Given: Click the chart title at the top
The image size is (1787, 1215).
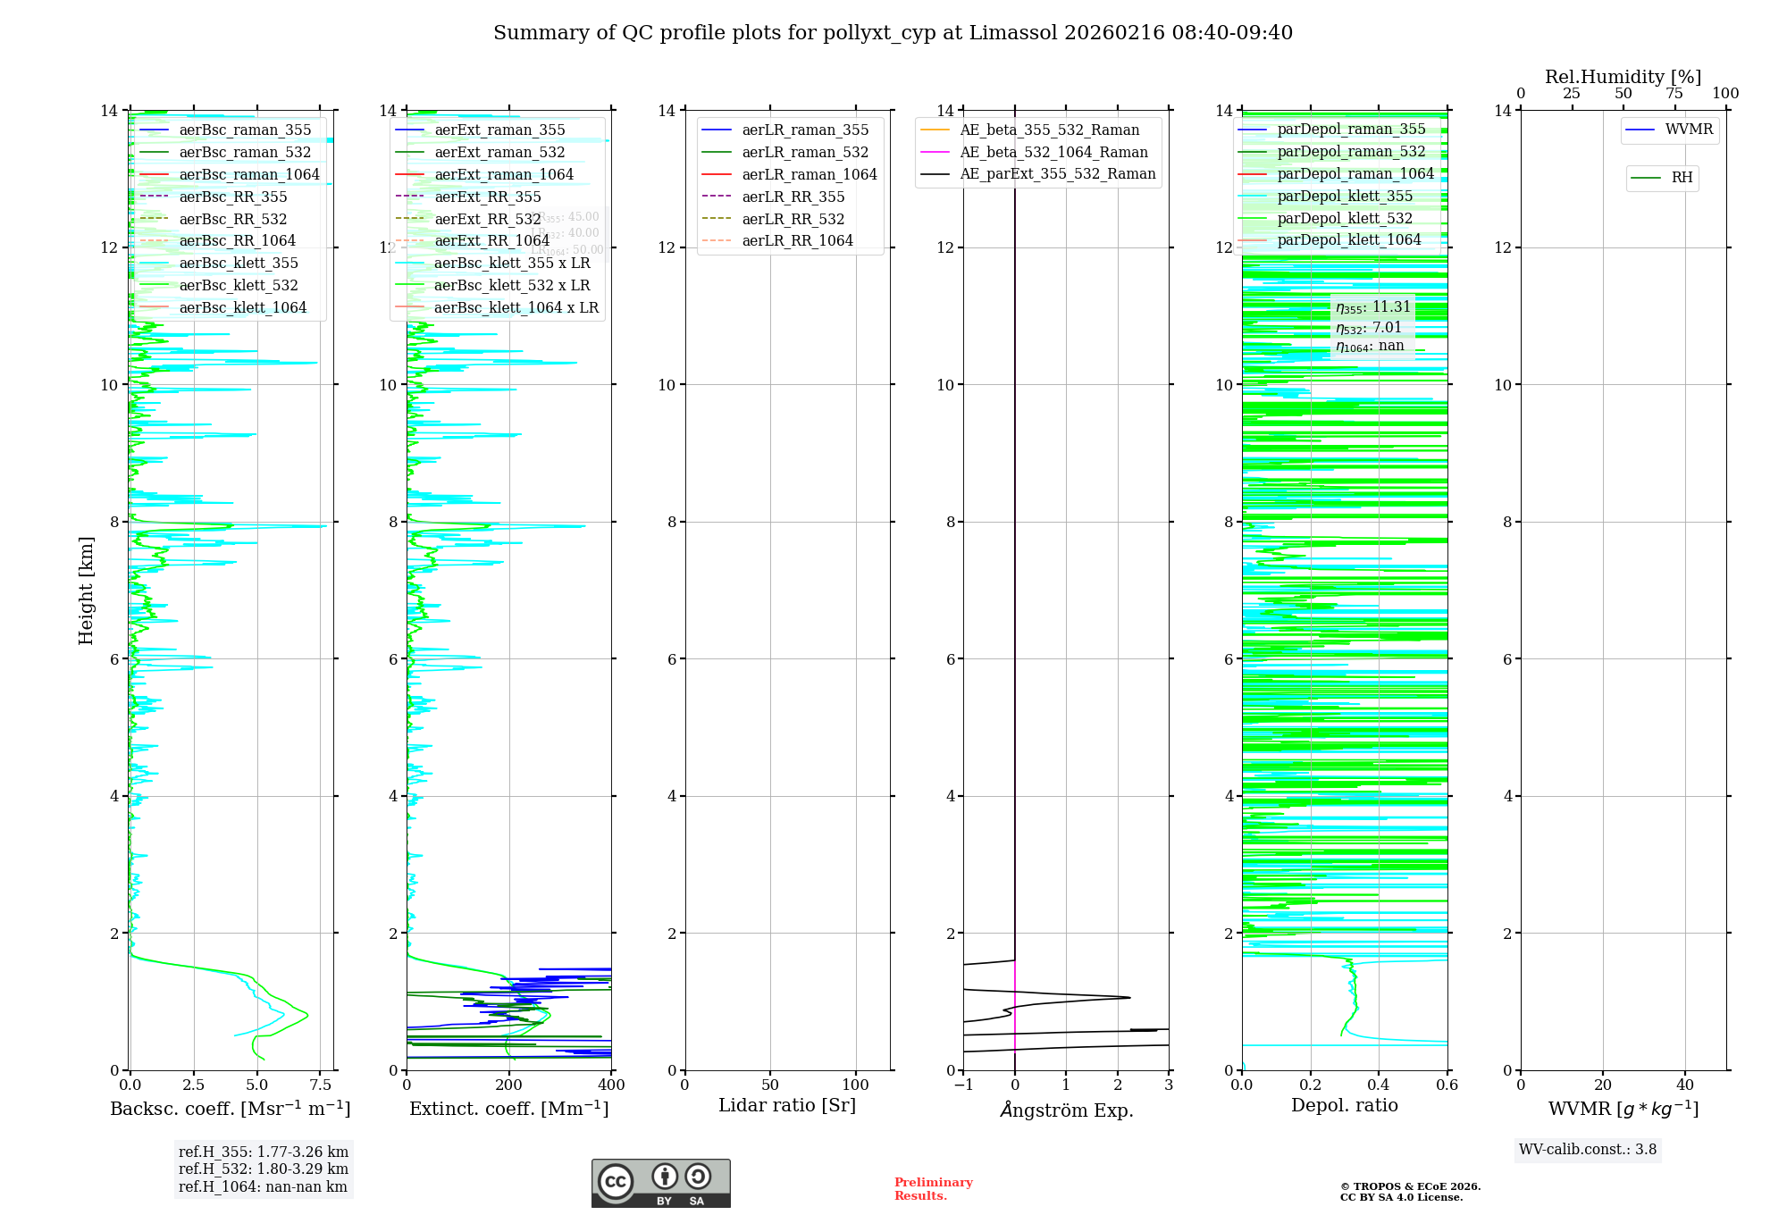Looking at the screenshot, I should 893,33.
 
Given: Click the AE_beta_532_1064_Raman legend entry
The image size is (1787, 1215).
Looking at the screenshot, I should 1053,153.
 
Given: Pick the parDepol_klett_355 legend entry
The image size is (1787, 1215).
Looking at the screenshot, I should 1345,197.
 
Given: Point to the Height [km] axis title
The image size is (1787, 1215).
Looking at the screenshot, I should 86,590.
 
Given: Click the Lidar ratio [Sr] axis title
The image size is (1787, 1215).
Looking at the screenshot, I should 787,1105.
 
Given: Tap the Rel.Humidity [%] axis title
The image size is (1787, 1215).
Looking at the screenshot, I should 1623,77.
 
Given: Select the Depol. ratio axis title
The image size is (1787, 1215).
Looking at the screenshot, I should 1344,1105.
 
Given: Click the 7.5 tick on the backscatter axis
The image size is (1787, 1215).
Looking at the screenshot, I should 321,1085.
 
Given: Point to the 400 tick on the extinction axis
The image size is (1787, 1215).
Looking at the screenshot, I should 611,1085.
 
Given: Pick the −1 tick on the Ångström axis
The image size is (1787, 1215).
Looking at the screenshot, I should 963,1085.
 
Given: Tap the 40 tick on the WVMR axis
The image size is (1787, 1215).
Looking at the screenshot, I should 1685,1085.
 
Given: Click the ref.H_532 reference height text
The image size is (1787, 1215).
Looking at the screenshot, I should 263,1169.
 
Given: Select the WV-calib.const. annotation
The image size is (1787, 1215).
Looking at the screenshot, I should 1588,1150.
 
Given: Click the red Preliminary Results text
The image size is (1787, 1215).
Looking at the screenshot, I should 933,1189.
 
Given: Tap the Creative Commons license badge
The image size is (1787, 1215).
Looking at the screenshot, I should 660,1183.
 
